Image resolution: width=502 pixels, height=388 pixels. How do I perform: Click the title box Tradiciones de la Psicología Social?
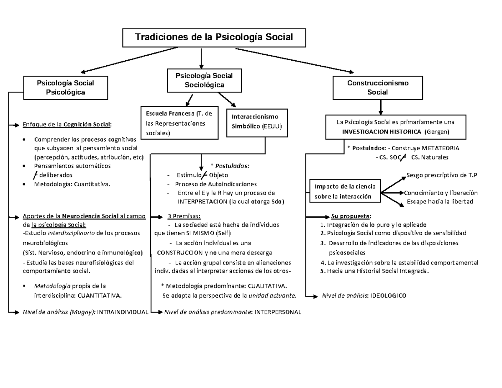(214, 38)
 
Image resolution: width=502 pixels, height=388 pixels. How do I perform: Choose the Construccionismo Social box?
(377, 87)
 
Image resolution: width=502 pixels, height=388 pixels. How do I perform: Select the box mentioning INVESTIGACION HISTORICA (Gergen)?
(395, 127)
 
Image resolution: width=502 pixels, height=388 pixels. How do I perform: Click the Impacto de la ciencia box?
(342, 191)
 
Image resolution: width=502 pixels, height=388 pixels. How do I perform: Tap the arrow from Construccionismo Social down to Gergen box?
(380, 108)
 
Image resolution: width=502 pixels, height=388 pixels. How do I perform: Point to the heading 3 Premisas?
(184, 216)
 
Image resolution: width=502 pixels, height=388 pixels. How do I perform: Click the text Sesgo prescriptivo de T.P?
(442, 175)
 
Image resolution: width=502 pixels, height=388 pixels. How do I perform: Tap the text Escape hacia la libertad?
(440, 202)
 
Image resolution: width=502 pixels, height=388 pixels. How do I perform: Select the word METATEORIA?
(440, 148)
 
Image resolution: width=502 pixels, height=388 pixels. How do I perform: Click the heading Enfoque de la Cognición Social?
(67, 124)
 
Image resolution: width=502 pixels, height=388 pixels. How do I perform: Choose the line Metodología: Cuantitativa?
(73, 183)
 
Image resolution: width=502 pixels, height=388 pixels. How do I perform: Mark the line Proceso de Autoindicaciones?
(216, 184)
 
